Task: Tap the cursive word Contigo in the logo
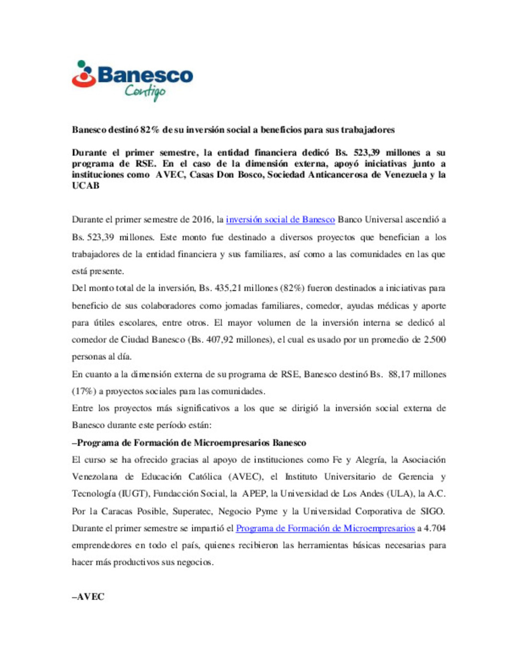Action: (145, 91)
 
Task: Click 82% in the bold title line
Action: (150, 130)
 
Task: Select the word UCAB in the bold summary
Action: (86, 186)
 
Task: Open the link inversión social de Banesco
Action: (280, 219)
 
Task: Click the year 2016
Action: (202, 219)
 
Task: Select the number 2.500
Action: (435, 340)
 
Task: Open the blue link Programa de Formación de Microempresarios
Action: (325, 528)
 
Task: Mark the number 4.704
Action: (435, 528)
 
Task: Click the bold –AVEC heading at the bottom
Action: (88, 597)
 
